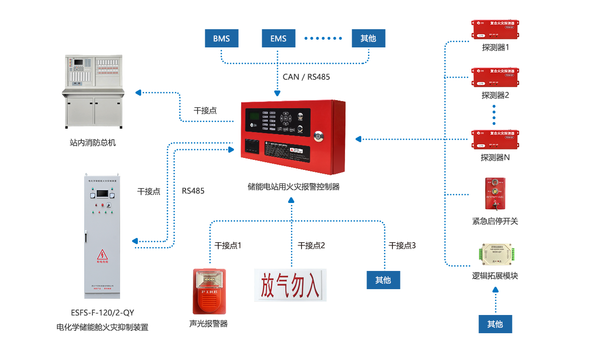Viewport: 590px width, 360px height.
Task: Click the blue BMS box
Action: pos(222,38)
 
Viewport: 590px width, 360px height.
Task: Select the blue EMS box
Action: pos(278,38)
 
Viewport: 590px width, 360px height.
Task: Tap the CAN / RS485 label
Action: pos(306,77)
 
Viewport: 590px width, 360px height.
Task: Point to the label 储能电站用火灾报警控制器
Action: pos(293,187)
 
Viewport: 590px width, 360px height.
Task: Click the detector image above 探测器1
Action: pos(495,30)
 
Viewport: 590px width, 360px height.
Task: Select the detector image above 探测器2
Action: pos(495,78)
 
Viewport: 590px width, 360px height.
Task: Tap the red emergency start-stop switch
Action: pos(495,194)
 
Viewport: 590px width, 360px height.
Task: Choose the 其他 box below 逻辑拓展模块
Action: pos(495,324)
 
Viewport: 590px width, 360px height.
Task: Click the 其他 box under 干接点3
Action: pos(383,280)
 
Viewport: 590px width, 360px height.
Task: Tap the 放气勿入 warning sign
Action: pos(290,285)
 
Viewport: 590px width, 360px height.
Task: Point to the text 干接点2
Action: pos(311,246)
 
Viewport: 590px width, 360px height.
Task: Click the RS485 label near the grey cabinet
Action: pos(193,191)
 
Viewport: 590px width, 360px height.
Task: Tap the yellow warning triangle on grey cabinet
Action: pos(102,255)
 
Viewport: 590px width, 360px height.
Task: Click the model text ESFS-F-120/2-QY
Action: pos(102,313)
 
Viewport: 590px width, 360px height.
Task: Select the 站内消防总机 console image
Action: pos(94,91)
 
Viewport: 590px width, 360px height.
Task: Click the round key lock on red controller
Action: pos(319,136)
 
